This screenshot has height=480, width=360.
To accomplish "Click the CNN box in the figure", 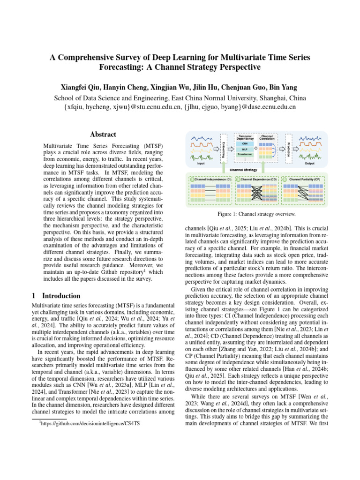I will pyautogui.click(x=245, y=143).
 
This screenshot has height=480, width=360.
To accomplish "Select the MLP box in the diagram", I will pyautogui.click(x=245, y=149).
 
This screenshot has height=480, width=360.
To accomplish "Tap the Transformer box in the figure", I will pyautogui.click(x=245, y=154).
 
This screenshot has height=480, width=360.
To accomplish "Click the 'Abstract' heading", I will pyautogui.click(x=103, y=134).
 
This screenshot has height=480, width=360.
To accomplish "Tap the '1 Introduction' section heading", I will pyautogui.click(x=57, y=296).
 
